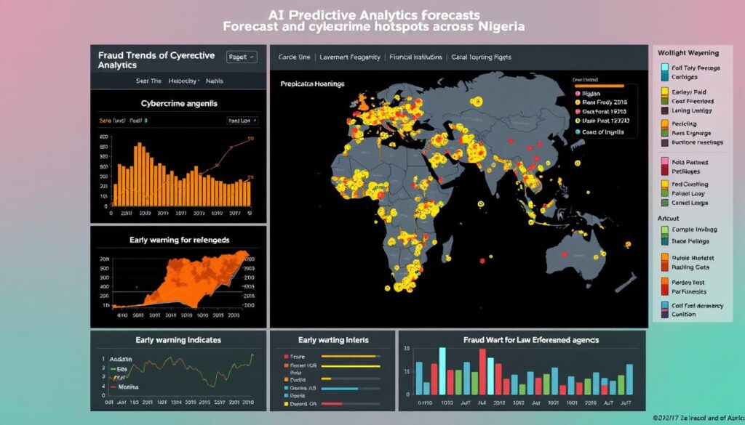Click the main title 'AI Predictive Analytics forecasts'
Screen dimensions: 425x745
tap(374, 15)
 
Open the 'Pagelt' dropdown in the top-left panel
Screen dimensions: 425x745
tap(242, 56)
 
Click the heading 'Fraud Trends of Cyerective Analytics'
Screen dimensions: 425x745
tap(153, 60)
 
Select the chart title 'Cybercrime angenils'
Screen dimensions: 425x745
tap(178, 103)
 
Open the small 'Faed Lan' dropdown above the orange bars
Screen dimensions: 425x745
tap(239, 121)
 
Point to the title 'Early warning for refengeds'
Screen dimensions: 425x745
tap(179, 240)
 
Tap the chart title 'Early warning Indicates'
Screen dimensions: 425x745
tap(178, 339)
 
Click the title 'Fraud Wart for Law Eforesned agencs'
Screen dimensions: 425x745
tap(521, 340)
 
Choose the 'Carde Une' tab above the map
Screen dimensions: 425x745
tap(295, 56)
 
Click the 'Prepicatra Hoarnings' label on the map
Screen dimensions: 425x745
tap(312, 84)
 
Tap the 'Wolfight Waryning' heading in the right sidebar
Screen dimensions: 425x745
tap(688, 53)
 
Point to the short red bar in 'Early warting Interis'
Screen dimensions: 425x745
tap(332, 403)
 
